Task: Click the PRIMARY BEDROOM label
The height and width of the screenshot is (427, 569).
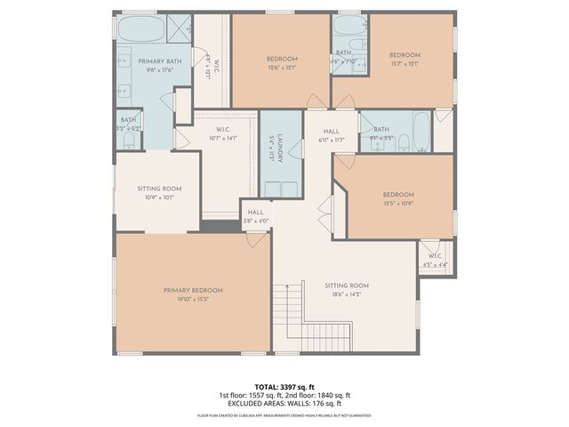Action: tap(192, 291)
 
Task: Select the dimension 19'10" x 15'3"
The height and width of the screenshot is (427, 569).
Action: tap(192, 300)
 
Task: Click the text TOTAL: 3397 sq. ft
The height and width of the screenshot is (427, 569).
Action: tap(284, 387)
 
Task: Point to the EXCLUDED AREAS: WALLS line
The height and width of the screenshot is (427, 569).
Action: tap(284, 404)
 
